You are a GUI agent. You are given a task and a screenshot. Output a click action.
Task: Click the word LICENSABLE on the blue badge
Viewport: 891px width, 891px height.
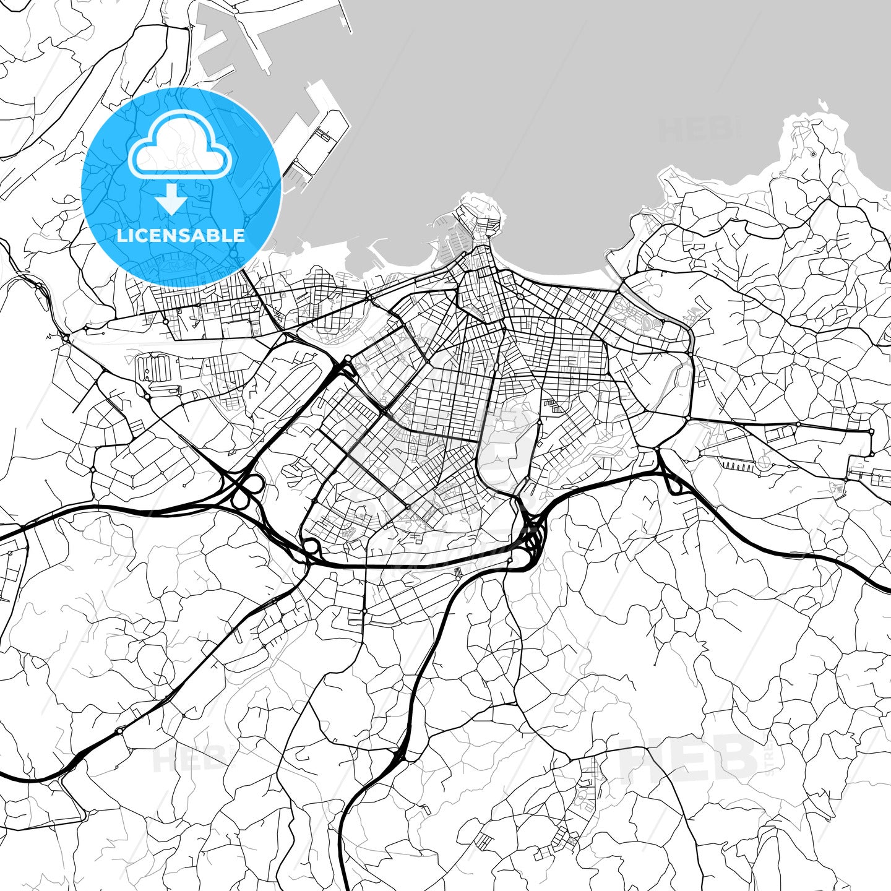(181, 236)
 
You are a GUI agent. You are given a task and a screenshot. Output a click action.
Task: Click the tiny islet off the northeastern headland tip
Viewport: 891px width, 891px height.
(822, 103)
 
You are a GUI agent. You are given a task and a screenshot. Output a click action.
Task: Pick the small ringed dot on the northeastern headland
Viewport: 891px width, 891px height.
(814, 154)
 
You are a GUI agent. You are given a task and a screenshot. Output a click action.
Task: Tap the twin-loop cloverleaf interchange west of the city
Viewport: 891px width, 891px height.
(246, 493)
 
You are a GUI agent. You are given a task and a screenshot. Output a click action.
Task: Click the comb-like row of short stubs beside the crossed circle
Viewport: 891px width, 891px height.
(736, 465)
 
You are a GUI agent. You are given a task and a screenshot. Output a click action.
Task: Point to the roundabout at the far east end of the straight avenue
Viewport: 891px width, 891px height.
(871, 432)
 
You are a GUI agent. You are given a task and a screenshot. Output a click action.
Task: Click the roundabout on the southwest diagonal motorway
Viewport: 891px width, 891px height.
(119, 731)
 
